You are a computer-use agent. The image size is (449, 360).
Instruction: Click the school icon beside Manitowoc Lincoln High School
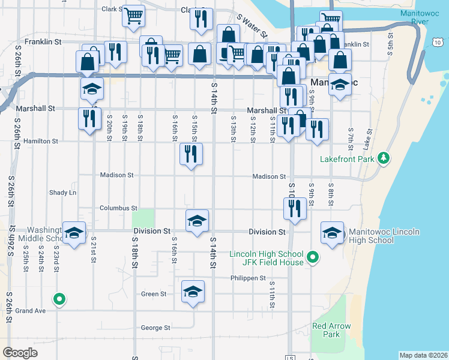(x=332, y=234)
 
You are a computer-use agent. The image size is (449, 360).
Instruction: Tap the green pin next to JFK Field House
(x=312, y=258)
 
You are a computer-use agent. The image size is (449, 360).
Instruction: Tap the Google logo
(x=20, y=353)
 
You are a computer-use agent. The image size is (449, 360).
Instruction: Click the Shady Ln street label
(x=63, y=193)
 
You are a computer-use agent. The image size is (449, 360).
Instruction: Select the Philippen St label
(x=247, y=278)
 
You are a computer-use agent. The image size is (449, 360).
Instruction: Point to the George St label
(x=155, y=328)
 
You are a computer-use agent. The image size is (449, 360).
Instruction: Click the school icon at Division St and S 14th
(x=197, y=221)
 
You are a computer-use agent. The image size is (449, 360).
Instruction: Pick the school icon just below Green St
(x=193, y=292)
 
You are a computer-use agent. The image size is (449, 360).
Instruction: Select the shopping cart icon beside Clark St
(x=134, y=16)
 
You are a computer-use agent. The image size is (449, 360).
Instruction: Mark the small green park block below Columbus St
(x=143, y=218)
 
